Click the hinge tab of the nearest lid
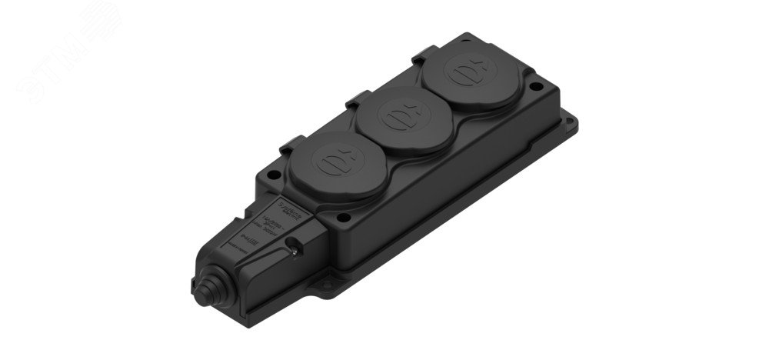point(290,144)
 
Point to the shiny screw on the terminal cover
point(295,248)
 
